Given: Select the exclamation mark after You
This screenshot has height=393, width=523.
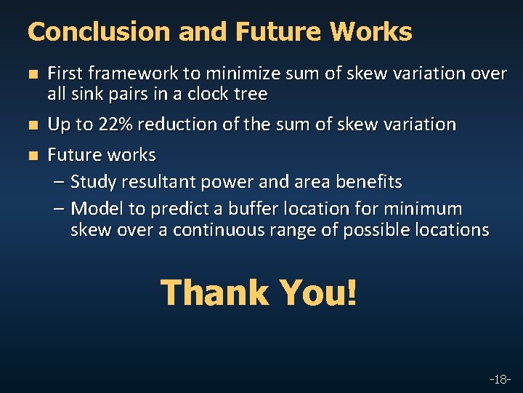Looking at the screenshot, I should [x=352, y=293].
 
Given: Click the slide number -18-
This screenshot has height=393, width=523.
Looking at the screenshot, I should [x=500, y=379].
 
